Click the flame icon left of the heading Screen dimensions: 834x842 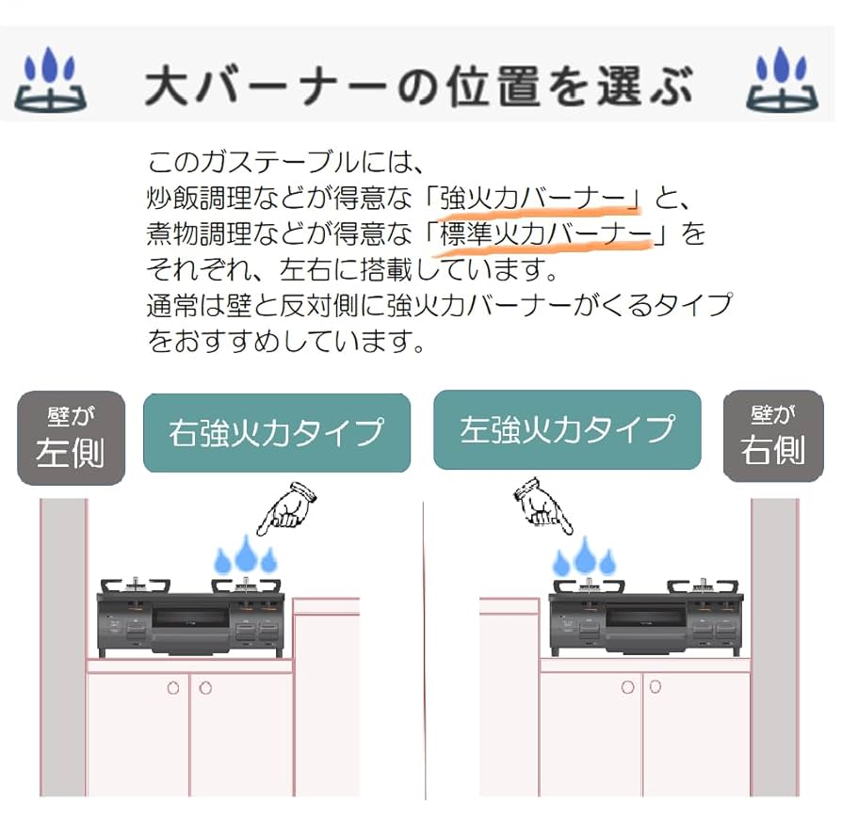51,82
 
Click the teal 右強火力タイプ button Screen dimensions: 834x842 277,432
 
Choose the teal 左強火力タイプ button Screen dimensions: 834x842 567,429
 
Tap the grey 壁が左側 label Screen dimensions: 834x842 71,438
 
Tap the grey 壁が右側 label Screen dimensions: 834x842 772,436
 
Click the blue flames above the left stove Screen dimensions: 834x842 246,556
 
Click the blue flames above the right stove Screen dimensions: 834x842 584,558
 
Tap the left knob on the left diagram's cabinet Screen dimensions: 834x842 173,688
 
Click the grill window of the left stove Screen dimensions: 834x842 191,618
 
